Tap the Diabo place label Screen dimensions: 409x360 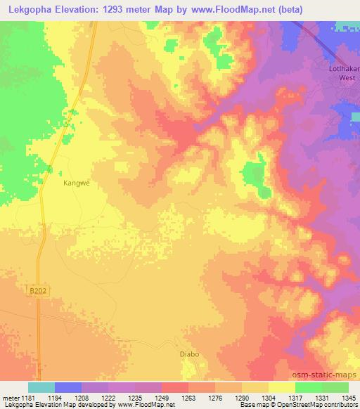[190, 354]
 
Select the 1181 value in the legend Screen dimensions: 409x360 [27, 397]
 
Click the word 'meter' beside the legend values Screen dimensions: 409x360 [9, 397]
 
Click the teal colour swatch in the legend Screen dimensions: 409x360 [41, 387]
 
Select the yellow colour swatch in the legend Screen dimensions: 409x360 [281, 387]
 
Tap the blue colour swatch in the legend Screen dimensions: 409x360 [68, 387]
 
